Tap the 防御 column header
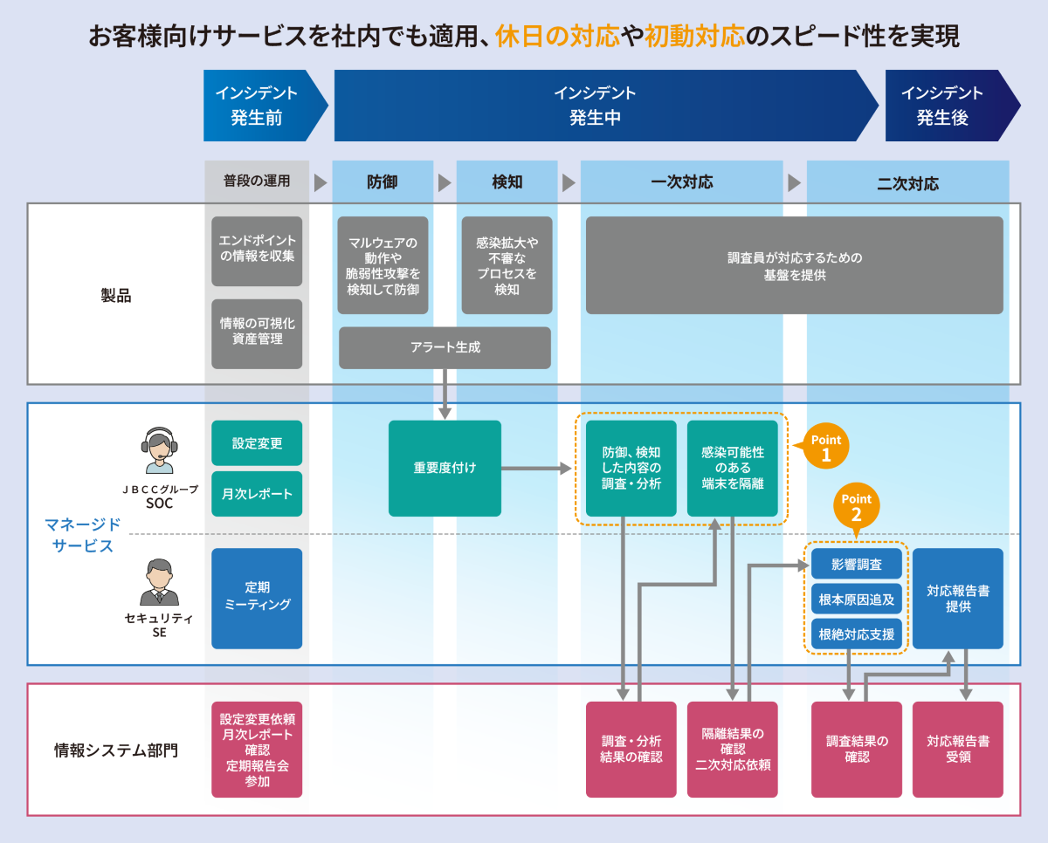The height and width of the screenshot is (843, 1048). click(383, 182)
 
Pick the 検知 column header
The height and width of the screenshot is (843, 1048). click(507, 182)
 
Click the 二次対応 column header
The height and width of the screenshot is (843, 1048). click(907, 183)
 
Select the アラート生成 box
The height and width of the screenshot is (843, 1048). click(445, 347)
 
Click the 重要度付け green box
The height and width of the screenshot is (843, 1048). click(445, 468)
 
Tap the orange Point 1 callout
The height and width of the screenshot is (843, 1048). click(825, 449)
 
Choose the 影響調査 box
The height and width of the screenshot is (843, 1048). click(856, 565)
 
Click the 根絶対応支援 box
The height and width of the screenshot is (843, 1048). click(856, 634)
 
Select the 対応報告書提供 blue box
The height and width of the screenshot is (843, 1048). click(957, 599)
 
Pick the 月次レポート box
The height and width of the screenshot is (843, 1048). click(257, 494)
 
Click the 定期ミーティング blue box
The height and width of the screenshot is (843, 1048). click(257, 599)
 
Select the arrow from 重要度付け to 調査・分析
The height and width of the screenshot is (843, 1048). click(538, 469)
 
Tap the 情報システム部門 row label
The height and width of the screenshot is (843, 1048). click(115, 750)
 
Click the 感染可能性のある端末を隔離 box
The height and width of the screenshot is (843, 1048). click(732, 468)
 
